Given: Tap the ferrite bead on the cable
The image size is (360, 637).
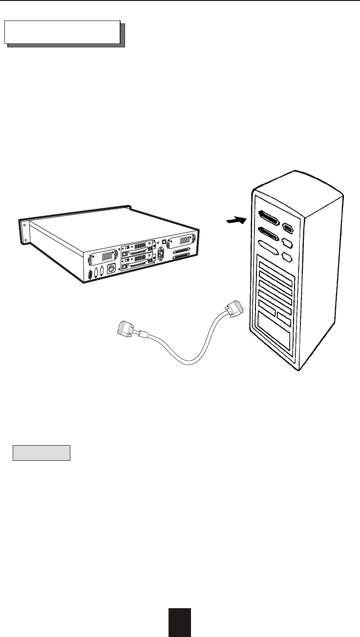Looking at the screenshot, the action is tap(143, 335).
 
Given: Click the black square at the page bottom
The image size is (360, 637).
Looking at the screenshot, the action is tap(180, 622).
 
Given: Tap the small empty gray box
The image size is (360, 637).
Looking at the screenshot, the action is tap(42, 452).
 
